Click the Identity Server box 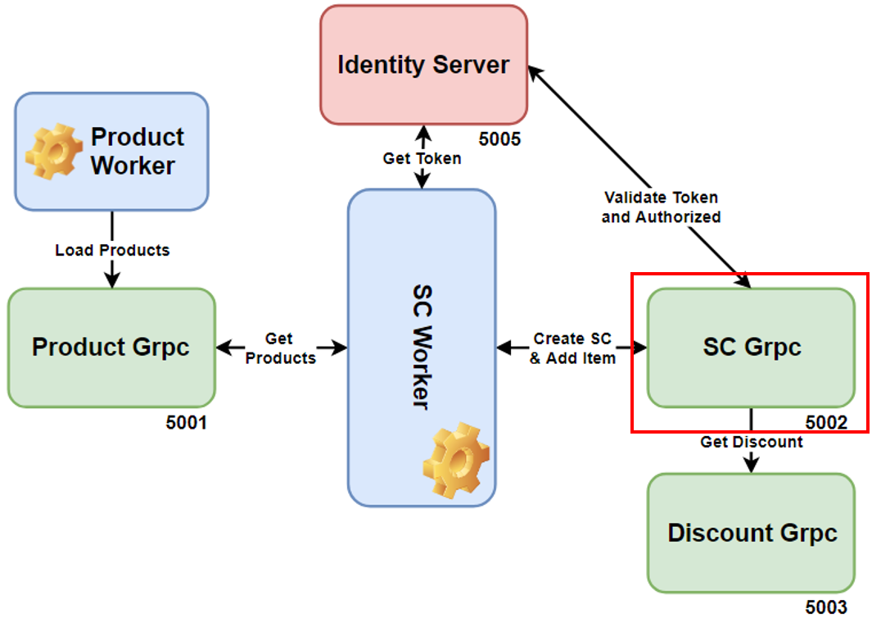(x=423, y=65)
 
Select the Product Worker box (x=111, y=152)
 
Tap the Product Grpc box (x=111, y=348)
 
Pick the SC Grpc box (x=751, y=348)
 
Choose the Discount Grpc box (x=751, y=533)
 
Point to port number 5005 (x=499, y=139)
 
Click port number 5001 (x=187, y=423)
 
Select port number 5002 (x=826, y=423)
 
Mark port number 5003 (x=826, y=607)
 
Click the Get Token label (x=422, y=158)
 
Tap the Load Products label (x=112, y=250)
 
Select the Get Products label (x=280, y=348)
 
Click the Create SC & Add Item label (x=572, y=348)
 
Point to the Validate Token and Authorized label (x=661, y=207)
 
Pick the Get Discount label (x=751, y=442)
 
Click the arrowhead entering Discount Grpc (x=751, y=465)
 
